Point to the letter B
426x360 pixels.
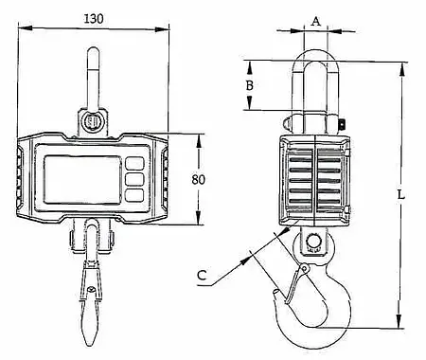click(250, 85)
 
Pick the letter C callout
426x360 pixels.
click(201, 277)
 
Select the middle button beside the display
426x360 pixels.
click(134, 178)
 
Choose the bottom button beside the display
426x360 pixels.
click(134, 194)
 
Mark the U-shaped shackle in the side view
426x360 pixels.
click(315, 81)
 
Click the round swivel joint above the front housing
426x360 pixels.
click(93, 122)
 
